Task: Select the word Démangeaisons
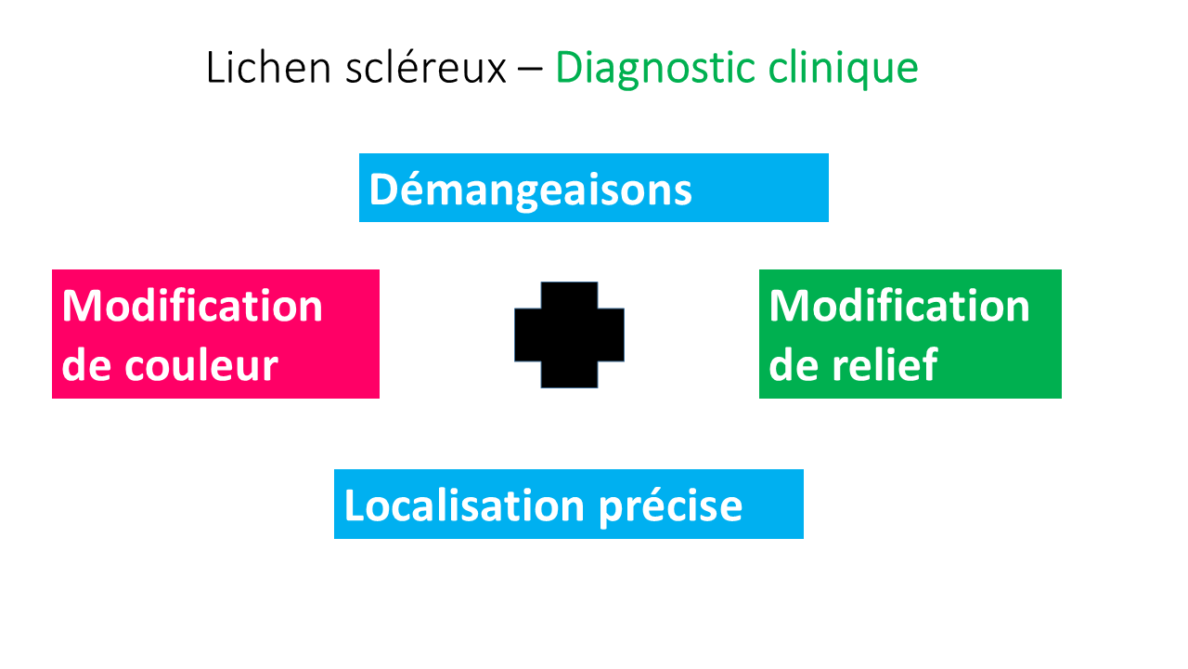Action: (x=530, y=190)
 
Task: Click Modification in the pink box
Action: (x=192, y=306)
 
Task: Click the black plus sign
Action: (x=569, y=334)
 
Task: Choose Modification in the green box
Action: (x=899, y=306)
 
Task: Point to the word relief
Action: (x=885, y=365)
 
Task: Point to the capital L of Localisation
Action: (x=354, y=505)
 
